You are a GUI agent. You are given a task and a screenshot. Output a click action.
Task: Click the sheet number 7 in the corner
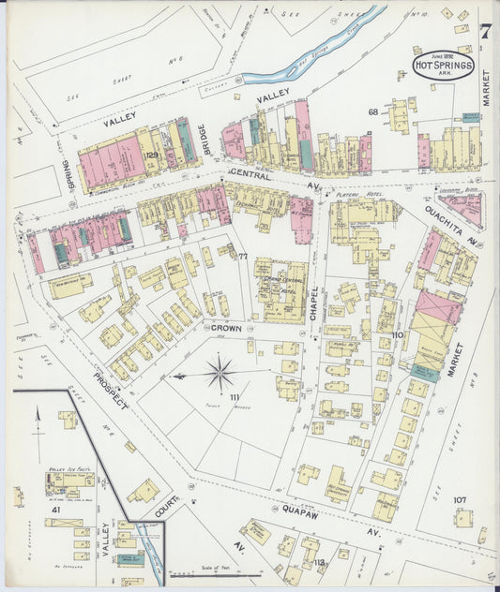(484, 32)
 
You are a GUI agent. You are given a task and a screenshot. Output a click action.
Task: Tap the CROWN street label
(226, 329)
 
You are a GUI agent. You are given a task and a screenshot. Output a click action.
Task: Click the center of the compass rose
(220, 374)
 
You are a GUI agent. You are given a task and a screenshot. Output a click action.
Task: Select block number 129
(151, 155)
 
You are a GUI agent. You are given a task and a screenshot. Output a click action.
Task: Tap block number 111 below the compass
(221, 397)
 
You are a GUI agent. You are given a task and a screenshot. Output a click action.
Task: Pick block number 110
(398, 334)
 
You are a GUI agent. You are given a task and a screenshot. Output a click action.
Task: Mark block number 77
(242, 257)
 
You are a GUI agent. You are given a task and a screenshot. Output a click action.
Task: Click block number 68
(372, 112)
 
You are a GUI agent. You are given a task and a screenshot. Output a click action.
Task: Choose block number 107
(460, 499)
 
